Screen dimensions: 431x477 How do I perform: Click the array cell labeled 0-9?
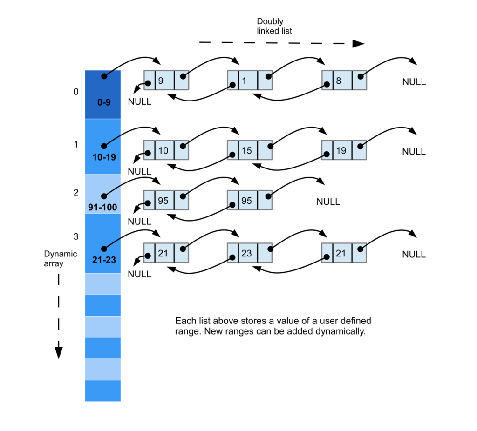coord(103,94)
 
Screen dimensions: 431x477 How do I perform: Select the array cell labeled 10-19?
coord(103,146)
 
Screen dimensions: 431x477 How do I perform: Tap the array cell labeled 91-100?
coord(103,194)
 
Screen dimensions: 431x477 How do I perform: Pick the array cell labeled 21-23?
coord(103,243)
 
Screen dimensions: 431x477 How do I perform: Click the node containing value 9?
coord(166,81)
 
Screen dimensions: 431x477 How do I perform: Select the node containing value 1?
coord(249,81)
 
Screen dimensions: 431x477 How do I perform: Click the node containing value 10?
coord(166,150)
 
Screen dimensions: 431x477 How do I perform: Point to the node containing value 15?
coord(249,150)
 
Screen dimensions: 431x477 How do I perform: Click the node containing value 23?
coord(249,254)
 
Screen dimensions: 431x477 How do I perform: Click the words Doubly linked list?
coord(274,26)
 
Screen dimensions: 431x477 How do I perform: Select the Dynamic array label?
coord(60,258)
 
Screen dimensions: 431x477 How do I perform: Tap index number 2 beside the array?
coord(76,192)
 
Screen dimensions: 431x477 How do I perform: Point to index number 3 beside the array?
coord(76,236)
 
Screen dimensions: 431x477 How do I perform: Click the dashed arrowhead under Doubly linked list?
coord(358,44)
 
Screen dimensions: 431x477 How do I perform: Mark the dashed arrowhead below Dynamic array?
coord(59,351)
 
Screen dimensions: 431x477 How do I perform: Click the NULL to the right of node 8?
coord(414,82)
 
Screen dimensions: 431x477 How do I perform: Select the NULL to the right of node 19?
coord(414,152)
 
